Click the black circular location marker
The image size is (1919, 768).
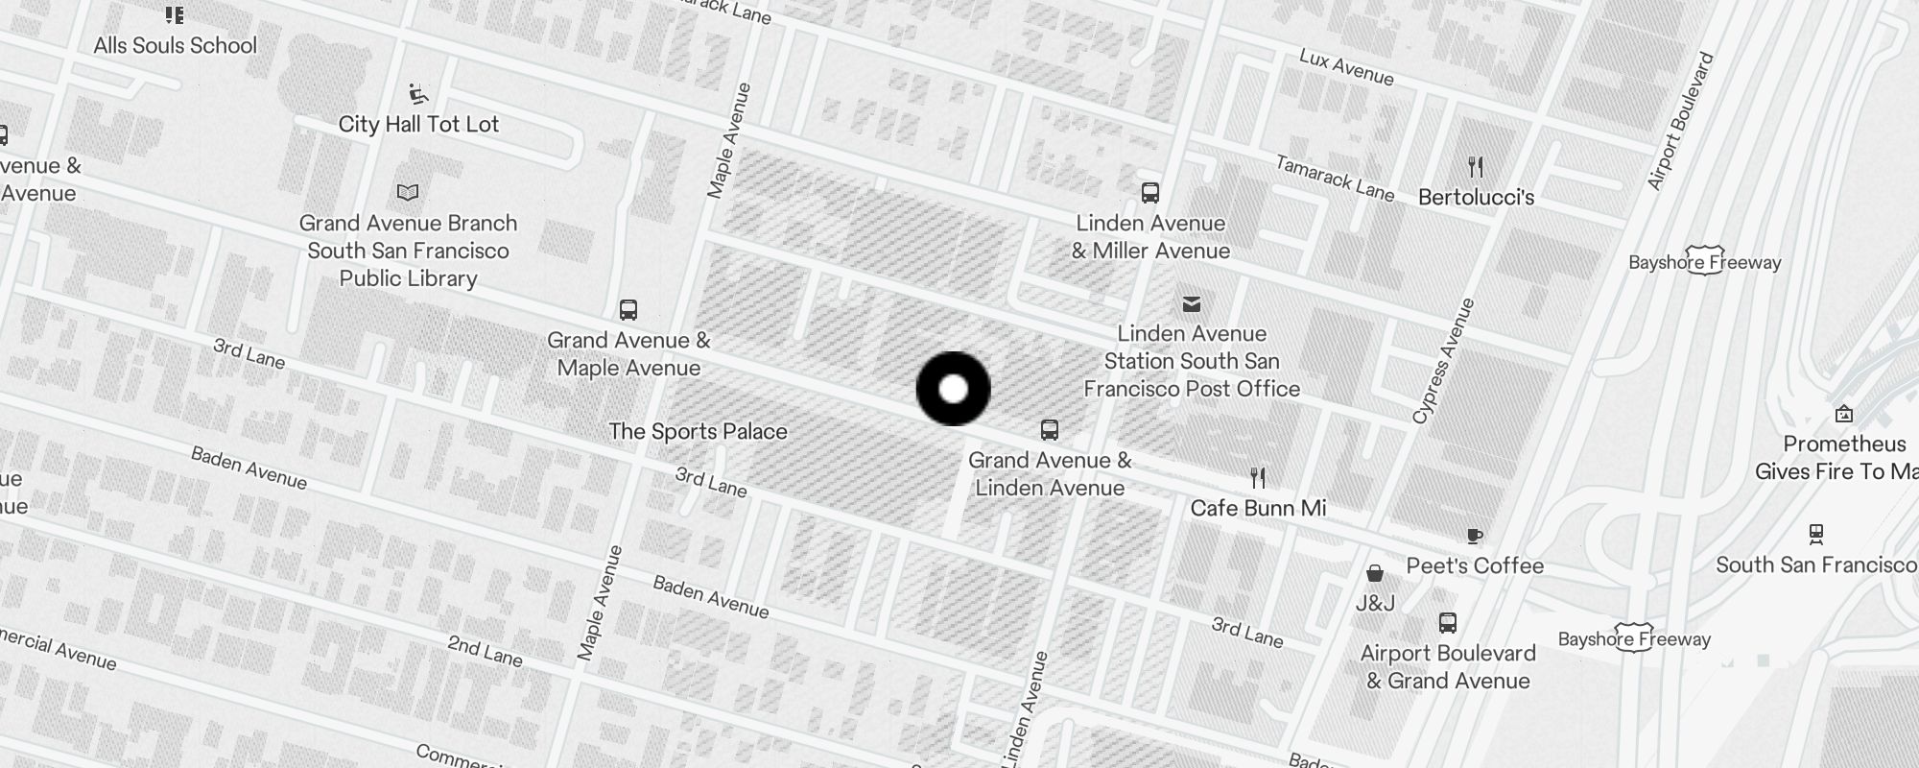click(x=953, y=389)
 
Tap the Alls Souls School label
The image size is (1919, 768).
click(x=176, y=45)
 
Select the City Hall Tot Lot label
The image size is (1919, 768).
click(x=418, y=124)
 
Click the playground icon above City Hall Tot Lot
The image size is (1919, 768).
click(x=418, y=94)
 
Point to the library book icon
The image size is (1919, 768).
click(x=408, y=192)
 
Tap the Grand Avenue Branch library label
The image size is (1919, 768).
click(x=408, y=251)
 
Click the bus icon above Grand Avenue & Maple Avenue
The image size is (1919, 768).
click(x=628, y=310)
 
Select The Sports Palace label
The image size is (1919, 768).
click(x=698, y=432)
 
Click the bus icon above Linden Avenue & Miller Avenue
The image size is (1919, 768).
click(x=1150, y=193)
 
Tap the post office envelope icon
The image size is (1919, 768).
click(x=1192, y=304)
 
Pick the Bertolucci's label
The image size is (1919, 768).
click(x=1476, y=198)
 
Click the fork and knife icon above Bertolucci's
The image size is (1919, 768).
click(x=1476, y=167)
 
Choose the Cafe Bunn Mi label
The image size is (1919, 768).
click(x=1258, y=508)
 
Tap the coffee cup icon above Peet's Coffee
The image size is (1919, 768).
click(x=1475, y=536)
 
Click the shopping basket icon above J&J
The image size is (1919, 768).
click(x=1375, y=573)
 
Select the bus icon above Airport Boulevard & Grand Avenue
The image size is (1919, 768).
click(x=1448, y=623)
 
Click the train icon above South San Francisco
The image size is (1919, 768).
click(x=1815, y=533)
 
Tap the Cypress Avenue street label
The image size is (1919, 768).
click(x=1442, y=361)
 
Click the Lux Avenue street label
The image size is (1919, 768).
click(x=1346, y=67)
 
